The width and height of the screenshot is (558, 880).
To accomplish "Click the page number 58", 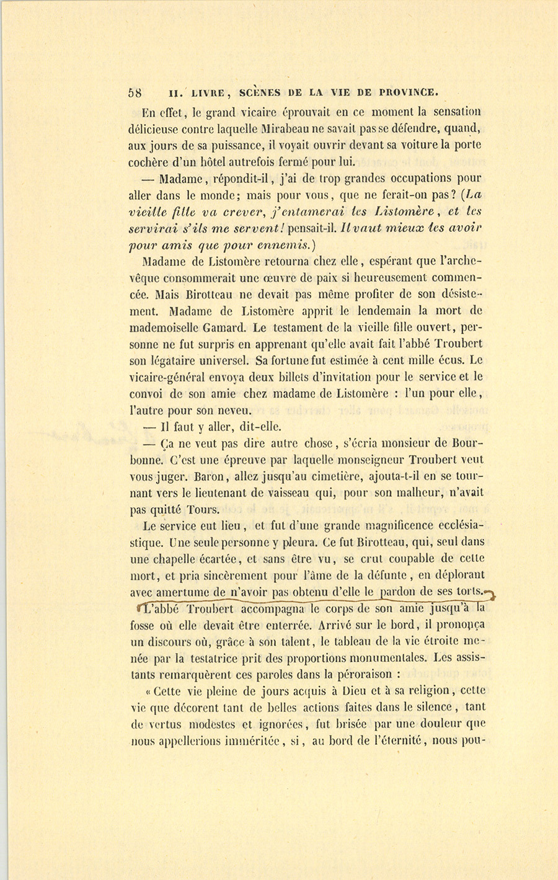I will coord(135,93).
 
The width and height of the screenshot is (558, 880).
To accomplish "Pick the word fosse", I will coord(143,625).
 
